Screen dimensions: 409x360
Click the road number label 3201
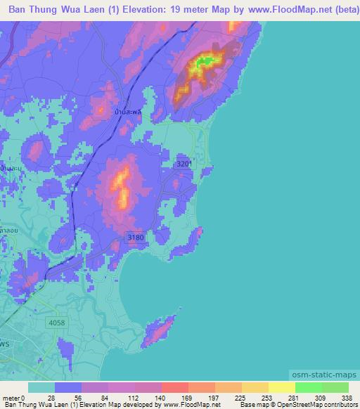[x=184, y=164]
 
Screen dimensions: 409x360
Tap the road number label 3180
[x=136, y=238]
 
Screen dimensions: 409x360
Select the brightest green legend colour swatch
[x=309, y=387]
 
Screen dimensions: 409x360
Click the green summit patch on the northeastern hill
[x=205, y=62]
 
